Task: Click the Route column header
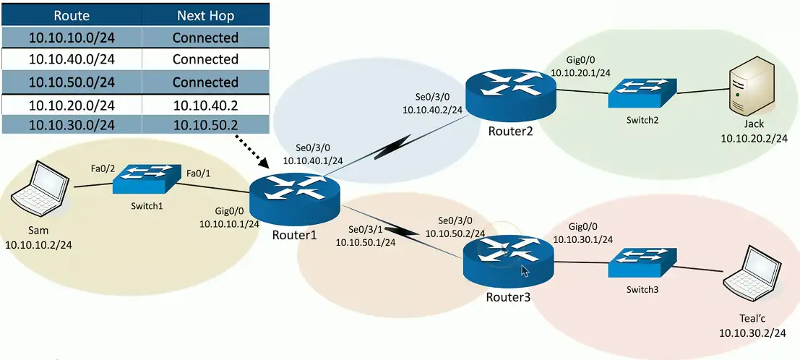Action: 72,14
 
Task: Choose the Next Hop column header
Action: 205,14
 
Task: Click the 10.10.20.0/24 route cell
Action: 72,105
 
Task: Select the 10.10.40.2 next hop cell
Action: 205,105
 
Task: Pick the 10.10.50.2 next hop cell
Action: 205,124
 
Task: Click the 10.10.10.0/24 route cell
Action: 72,38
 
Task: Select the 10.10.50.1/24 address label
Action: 365,242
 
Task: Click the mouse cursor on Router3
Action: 525,271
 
